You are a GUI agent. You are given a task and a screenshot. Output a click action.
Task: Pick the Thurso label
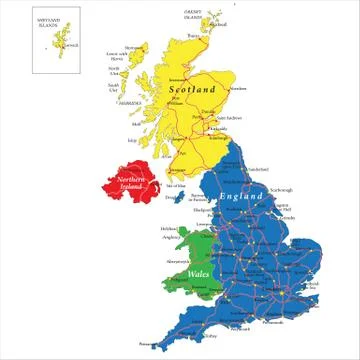coord(180,35)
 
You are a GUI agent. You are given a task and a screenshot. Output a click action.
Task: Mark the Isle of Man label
coord(175,186)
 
